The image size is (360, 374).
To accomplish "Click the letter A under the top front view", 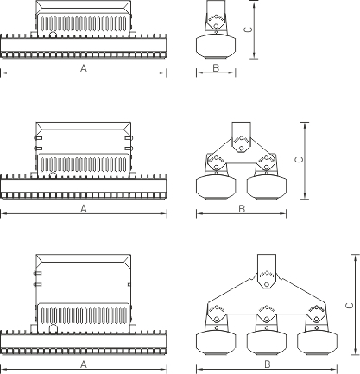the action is click(x=84, y=68).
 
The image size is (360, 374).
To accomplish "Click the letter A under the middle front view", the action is click(x=84, y=209).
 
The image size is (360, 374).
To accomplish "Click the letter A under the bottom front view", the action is click(x=84, y=364).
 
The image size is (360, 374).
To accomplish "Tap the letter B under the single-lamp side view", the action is click(x=216, y=68).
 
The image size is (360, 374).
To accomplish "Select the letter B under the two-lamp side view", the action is click(x=242, y=209).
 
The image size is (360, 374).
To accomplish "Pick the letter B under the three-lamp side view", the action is click(x=268, y=364).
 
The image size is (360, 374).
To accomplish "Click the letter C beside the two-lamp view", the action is click(x=300, y=160).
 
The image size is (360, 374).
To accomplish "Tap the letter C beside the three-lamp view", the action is click(x=350, y=306).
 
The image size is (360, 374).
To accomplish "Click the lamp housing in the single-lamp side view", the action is click(x=216, y=47).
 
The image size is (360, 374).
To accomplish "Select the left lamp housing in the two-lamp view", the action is click(x=216, y=187).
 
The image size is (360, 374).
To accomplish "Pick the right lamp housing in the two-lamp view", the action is click(x=267, y=187).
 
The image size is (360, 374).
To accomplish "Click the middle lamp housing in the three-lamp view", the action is click(x=267, y=343).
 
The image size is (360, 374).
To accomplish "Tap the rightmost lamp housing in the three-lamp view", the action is click(x=317, y=343).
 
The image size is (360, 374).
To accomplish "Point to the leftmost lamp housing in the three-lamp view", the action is click(x=216, y=343).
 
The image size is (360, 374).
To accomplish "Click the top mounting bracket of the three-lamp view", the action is click(x=267, y=270).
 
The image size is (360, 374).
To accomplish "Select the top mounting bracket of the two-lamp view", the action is click(x=242, y=137).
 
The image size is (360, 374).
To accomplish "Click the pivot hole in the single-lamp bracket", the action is click(x=216, y=26).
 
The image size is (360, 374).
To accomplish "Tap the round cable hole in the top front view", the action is click(x=53, y=35).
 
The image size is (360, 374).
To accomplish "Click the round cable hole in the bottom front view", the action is click(x=54, y=328).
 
